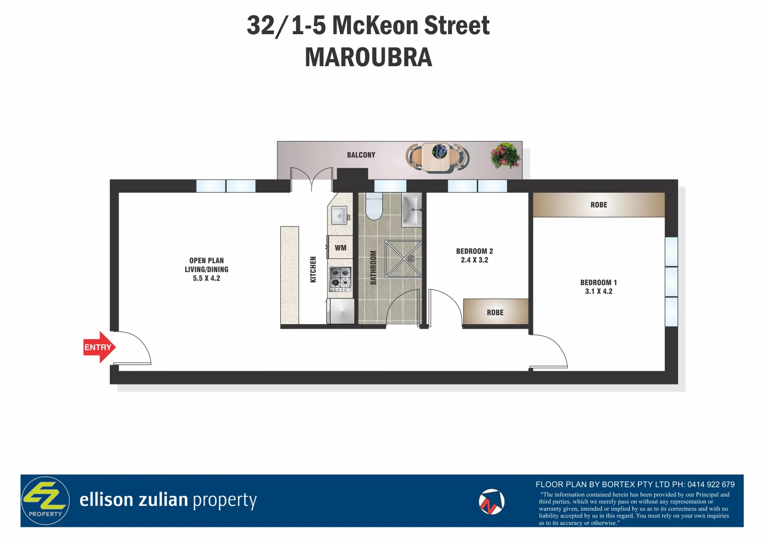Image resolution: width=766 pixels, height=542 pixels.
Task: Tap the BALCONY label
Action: point(361,155)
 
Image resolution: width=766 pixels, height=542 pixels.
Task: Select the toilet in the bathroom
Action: point(374,207)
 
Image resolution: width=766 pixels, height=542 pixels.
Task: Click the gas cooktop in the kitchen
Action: point(340,279)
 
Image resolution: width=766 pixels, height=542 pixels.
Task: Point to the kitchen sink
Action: point(340,216)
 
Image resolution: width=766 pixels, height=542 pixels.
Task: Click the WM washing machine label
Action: point(341,248)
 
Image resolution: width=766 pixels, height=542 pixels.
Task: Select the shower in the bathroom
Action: point(403,259)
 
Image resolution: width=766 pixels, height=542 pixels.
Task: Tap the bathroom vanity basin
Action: point(411,210)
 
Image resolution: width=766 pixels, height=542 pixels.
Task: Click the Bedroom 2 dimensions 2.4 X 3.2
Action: point(474,260)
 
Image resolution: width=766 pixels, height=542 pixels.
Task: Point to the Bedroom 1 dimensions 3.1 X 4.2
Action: point(598,292)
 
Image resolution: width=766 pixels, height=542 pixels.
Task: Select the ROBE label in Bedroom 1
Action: point(599,205)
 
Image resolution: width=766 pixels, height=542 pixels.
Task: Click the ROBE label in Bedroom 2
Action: point(495,313)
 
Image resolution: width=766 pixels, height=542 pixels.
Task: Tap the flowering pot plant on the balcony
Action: point(505,156)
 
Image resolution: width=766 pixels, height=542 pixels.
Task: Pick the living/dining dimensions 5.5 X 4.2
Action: point(206,279)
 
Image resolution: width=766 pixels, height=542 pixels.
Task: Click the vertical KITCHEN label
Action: point(313,269)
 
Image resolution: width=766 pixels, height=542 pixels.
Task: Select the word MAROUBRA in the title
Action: point(368,57)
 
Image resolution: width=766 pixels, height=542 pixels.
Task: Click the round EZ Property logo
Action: point(45,500)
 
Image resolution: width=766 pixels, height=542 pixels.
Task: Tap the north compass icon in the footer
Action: point(491,502)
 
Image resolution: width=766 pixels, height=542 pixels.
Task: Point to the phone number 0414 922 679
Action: point(711,484)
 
